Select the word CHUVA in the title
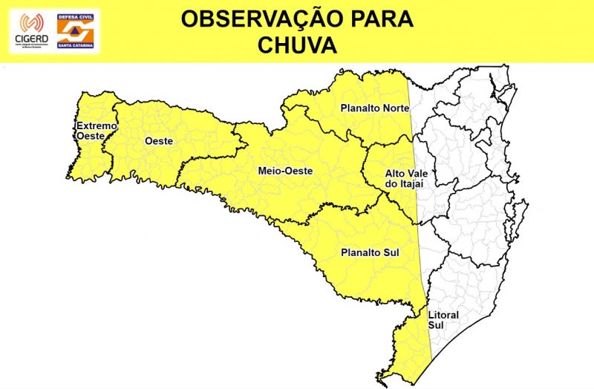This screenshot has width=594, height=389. (297, 45)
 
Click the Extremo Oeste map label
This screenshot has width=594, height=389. (97, 131)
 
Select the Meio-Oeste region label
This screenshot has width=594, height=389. (285, 171)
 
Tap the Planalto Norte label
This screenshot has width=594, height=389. (374, 108)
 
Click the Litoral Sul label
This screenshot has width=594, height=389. (443, 320)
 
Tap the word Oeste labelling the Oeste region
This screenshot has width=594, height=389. (159, 140)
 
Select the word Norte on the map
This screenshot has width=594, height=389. (396, 108)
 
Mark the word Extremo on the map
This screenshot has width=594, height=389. (97, 126)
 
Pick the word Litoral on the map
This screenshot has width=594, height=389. (443, 316)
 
